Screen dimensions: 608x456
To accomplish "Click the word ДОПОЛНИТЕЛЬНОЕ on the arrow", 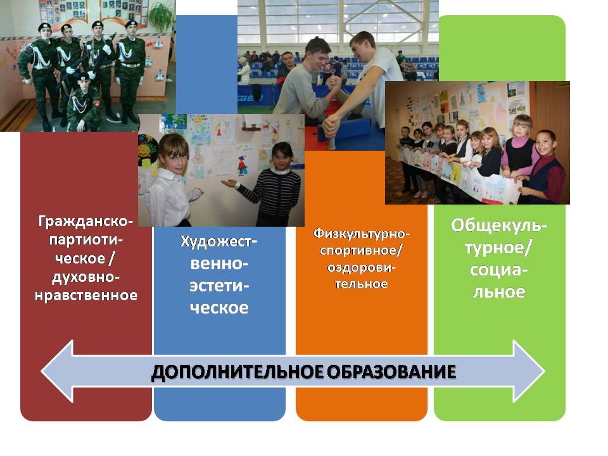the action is click(x=237, y=372).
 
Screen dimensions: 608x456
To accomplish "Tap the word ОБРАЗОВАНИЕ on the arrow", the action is click(x=391, y=372).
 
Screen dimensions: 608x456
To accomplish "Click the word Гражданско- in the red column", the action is click(x=85, y=222).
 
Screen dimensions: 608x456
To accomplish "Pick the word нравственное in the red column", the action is click(x=86, y=296).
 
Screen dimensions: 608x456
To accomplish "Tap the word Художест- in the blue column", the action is click(x=219, y=241).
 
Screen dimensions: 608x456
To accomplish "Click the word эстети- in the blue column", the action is click(x=219, y=286).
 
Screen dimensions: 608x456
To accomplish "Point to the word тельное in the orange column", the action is click(x=362, y=284).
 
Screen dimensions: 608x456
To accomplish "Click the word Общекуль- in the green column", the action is click(x=499, y=225).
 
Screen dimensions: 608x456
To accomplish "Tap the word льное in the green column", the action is click(x=499, y=292).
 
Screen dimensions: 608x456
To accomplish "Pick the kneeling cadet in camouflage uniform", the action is click(x=84, y=103).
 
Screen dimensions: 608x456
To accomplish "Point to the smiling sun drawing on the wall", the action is click(x=148, y=148).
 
